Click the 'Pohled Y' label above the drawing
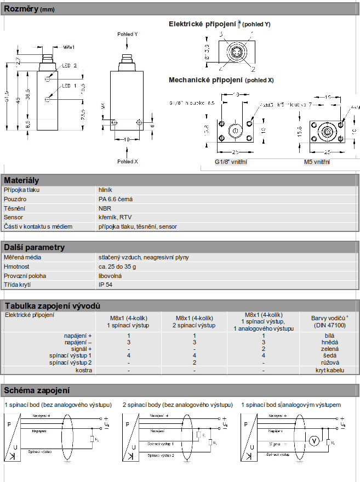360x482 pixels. pyautogui.click(x=127, y=34)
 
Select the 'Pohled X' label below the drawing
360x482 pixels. pyautogui.click(x=127, y=162)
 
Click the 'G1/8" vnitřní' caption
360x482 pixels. pyautogui.click(x=231, y=162)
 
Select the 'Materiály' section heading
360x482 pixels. pyautogui.click(x=21, y=180)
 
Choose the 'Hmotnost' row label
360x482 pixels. pyautogui.click(x=16, y=266)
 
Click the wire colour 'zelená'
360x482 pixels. pyautogui.click(x=329, y=349)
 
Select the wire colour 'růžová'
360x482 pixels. pyautogui.click(x=329, y=363)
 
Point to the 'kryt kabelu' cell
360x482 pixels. pyautogui.click(x=329, y=370)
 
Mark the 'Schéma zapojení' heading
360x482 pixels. pyautogui.click(x=37, y=390)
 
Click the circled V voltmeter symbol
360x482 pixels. pyautogui.click(x=315, y=439)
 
